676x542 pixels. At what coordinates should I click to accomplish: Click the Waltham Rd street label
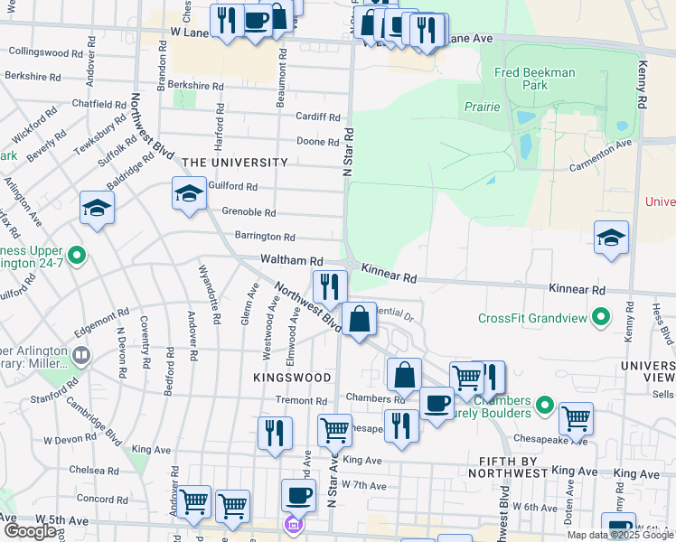(292, 259)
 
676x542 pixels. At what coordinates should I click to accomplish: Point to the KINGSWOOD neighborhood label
(292, 376)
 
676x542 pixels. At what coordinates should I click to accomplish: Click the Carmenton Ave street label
(599, 156)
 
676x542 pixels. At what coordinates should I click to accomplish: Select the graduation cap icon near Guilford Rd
(189, 193)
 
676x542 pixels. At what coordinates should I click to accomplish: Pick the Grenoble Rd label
(249, 212)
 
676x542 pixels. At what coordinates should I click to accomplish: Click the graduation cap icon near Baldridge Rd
(97, 209)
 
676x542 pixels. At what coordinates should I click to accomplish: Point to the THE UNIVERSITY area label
(235, 163)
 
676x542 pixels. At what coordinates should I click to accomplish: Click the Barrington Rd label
(265, 237)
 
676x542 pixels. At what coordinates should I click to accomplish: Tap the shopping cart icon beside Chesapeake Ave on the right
(576, 418)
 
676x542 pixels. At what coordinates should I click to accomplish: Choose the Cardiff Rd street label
(318, 117)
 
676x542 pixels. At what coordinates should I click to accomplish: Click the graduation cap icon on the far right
(612, 238)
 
